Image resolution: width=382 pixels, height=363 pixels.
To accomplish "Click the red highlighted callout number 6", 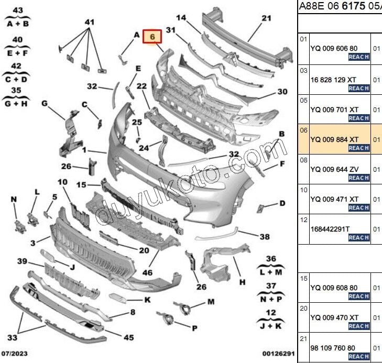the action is click(x=152, y=37).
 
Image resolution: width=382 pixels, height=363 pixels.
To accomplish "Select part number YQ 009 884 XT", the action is click(x=334, y=139).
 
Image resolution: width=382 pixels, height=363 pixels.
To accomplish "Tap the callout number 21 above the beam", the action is click(x=266, y=18).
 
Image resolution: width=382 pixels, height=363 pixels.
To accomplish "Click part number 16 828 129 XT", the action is click(x=333, y=80).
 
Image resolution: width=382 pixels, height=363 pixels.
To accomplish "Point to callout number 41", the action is click(x=90, y=22).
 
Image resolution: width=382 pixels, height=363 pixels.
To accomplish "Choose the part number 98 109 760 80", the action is click(x=333, y=348).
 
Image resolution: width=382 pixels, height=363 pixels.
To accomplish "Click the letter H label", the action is click(x=242, y=282).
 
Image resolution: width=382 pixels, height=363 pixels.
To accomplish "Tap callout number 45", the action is click(x=128, y=337).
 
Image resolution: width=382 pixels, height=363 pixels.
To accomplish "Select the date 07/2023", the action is click(x=14, y=354).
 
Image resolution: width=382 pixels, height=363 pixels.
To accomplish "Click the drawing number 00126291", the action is click(x=278, y=354).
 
